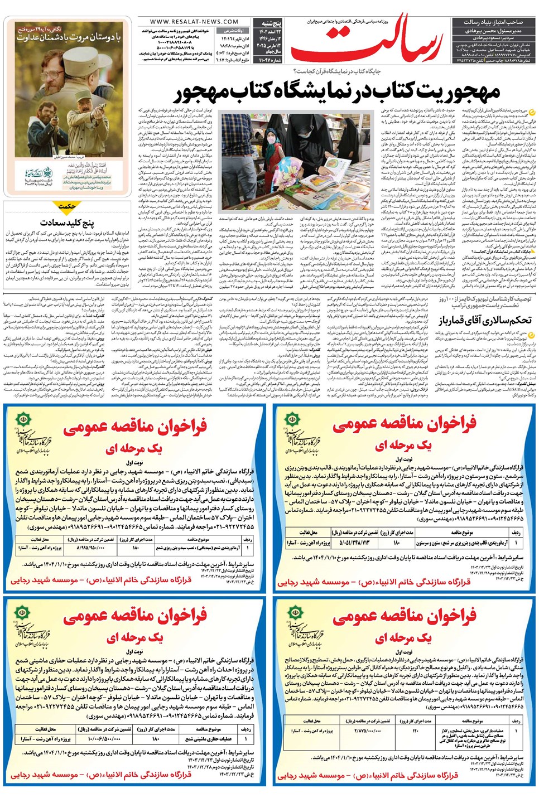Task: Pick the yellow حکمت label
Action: point(67,206)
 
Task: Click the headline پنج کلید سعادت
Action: point(67,222)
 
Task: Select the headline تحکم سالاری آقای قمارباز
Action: point(485,320)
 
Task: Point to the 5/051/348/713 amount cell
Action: point(354,542)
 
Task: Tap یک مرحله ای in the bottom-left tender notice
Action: point(134,636)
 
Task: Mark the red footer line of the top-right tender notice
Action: point(374,582)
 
